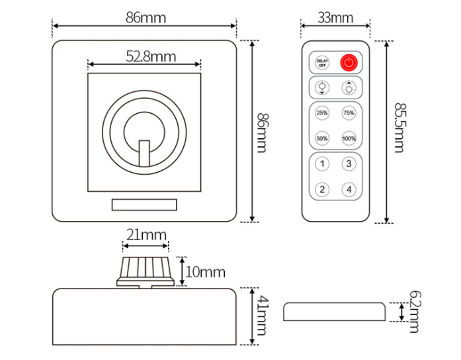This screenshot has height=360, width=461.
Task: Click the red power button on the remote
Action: (349, 63)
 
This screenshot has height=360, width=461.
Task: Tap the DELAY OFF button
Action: (322, 63)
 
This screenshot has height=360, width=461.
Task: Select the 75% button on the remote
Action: (349, 113)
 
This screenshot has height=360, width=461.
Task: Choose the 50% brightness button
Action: (322, 138)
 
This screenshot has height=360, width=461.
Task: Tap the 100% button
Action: (349, 138)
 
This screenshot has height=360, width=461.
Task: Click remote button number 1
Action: (322, 164)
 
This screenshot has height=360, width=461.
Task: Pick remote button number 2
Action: (322, 189)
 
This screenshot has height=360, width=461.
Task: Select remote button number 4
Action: (349, 189)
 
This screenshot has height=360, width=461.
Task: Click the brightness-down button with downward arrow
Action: (322, 87)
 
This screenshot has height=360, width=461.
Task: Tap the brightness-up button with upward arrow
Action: (349, 87)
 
